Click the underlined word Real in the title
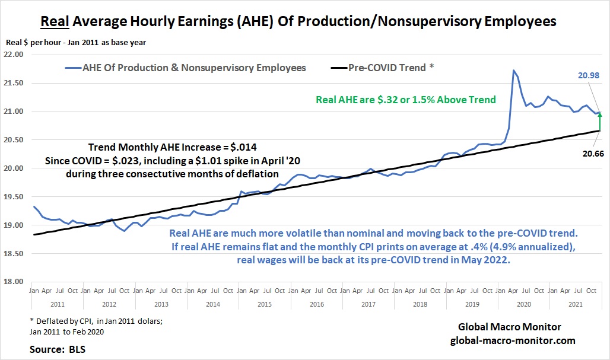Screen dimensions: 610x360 [55, 21]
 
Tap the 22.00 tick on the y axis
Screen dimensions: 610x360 [14, 55]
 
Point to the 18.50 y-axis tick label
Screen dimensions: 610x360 [14, 253]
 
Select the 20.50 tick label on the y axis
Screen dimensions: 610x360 [14, 140]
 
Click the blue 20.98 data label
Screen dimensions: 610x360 [589, 75]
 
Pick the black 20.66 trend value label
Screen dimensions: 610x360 [593, 154]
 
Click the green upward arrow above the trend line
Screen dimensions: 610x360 [600, 121]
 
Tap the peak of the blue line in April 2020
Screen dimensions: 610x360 [514, 71]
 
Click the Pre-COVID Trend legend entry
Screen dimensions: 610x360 [382, 68]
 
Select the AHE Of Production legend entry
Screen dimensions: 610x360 [186, 68]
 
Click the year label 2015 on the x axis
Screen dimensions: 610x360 [265, 304]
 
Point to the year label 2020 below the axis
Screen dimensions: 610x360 [523, 304]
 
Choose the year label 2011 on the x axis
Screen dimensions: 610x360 [58, 304]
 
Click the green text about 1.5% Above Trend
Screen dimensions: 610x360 [406, 100]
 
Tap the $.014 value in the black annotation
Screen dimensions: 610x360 [243, 147]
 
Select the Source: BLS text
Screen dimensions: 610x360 [58, 349]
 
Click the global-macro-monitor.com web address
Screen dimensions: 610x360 [513, 340]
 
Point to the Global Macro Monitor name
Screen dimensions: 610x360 [510, 327]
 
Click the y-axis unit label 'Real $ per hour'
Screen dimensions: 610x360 [33, 43]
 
